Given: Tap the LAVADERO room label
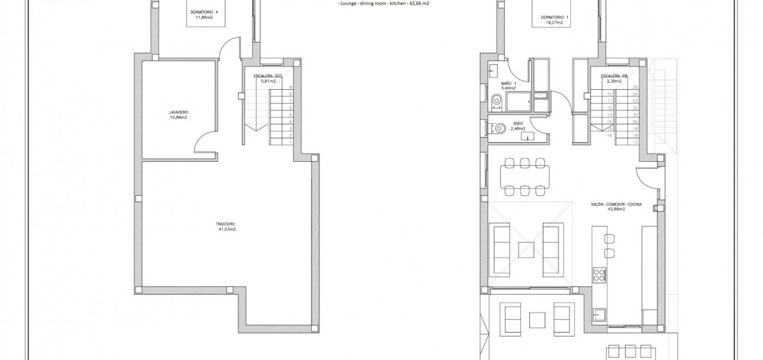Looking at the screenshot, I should (x=179, y=112).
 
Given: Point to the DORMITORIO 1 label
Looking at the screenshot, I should (x=554, y=17).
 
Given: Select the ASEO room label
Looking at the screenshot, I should (x=518, y=124).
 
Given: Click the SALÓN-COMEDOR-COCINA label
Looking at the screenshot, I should (x=616, y=204).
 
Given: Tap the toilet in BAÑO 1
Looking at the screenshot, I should (x=497, y=100).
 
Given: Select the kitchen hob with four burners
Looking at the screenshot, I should (x=599, y=275).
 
